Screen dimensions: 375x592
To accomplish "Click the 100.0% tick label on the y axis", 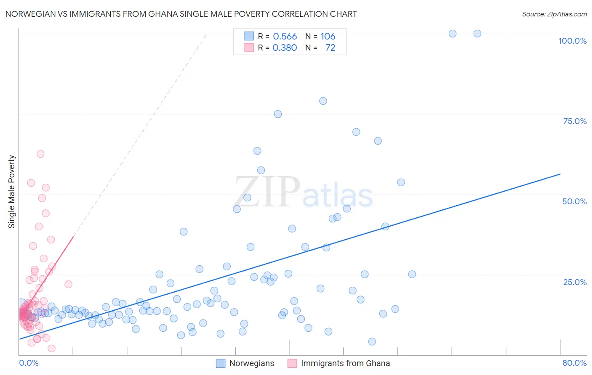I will tap(572, 41).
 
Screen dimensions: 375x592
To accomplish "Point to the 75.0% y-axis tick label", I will tap(575, 121).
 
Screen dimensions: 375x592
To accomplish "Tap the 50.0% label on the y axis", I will tap(574, 201).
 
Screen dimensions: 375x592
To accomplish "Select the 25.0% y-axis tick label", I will tap(575, 282).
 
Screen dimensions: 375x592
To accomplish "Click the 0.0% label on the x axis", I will tap(29, 363).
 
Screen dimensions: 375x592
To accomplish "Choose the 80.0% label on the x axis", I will tap(574, 363).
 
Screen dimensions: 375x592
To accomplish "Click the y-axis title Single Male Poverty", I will tap(12, 192).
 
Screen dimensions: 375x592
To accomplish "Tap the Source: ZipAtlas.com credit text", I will tap(554, 14).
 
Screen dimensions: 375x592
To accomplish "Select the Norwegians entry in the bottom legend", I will tap(251, 363).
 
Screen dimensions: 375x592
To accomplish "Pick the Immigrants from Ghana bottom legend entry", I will tap(345, 363).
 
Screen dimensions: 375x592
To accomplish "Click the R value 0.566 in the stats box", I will tap(285, 37).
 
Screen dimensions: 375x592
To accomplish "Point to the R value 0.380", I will tap(285, 48).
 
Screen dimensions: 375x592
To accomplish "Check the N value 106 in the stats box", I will tap(328, 37).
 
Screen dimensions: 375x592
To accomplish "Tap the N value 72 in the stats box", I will tap(330, 48).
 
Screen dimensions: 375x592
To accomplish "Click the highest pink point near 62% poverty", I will tap(40, 154).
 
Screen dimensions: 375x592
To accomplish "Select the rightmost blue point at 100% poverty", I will tap(477, 34).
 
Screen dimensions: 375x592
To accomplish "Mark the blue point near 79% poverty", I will tap(323, 101).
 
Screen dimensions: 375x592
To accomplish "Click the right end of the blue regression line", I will tap(560, 174).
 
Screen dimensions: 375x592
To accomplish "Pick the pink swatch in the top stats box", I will tap(249, 48).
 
